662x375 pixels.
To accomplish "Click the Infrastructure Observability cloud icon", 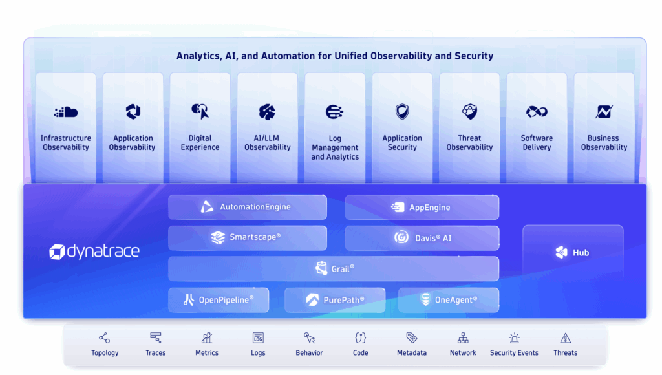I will [x=65, y=112].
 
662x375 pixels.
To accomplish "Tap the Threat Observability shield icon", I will [x=469, y=112].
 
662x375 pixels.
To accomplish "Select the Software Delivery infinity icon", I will [x=537, y=112].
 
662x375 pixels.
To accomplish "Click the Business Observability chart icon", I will [x=604, y=112].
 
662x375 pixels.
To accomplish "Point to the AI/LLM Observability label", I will [x=268, y=143].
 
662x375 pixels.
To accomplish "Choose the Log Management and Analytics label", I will [x=335, y=147].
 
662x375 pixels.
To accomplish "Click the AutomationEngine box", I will [x=248, y=208].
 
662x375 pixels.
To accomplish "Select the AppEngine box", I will [x=422, y=208].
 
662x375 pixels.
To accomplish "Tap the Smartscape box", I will [x=248, y=237].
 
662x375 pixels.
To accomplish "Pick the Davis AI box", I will [x=422, y=238].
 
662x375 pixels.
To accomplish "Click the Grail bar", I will [x=334, y=268].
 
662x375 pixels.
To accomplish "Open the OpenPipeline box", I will [x=219, y=300].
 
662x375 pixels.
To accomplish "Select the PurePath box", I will [x=335, y=300].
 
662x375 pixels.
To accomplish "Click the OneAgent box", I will [x=448, y=300].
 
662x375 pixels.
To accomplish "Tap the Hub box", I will [x=573, y=253].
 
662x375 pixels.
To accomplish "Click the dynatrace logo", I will [x=94, y=252].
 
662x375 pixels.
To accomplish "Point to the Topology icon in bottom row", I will [x=104, y=338].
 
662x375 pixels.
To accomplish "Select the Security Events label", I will [x=514, y=353].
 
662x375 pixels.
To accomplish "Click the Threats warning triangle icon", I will [x=565, y=338].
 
